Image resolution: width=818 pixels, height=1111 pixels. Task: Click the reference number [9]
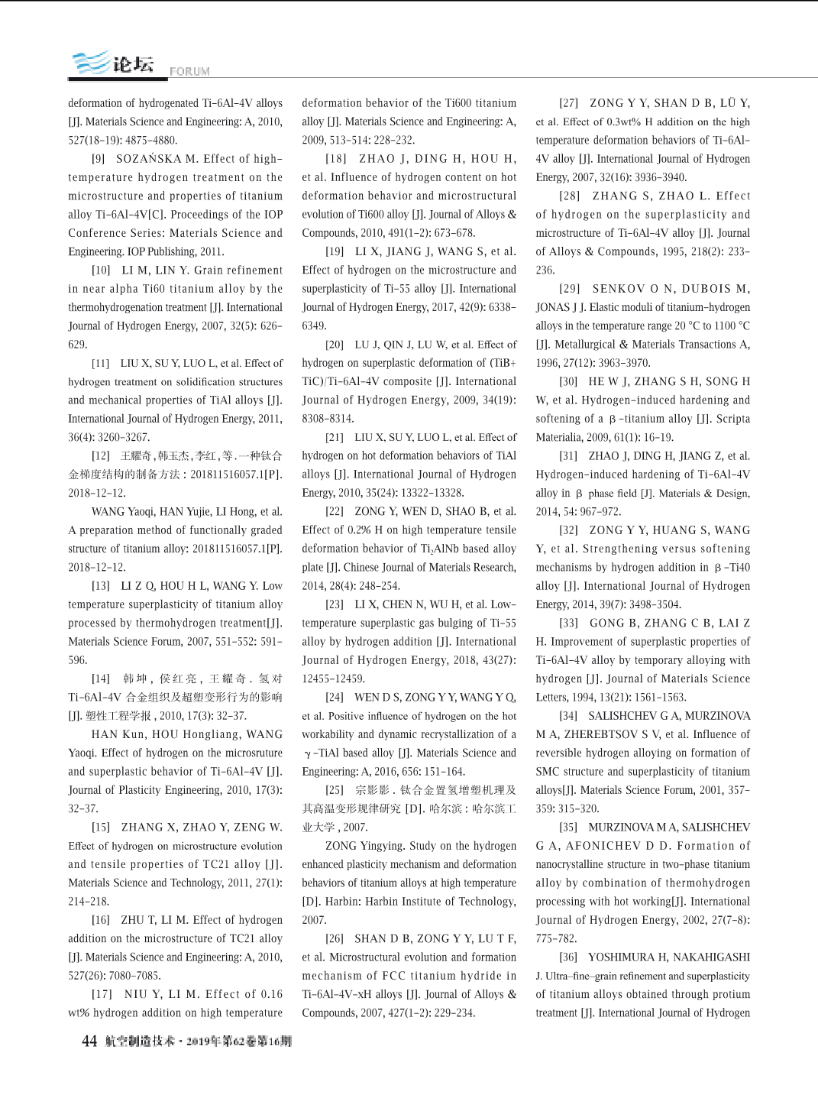[99, 159]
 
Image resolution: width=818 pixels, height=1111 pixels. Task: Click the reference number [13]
[101, 586]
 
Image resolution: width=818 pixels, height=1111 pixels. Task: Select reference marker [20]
[335, 345]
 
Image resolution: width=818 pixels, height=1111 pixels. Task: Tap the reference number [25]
[335, 790]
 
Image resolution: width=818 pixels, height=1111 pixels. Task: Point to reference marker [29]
[569, 289]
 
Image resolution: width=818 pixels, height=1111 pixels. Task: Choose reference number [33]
[569, 624]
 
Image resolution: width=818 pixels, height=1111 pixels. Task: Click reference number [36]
[568, 957]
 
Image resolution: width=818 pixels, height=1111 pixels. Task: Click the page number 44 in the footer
[89, 1041]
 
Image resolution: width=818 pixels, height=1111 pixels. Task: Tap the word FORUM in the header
[189, 72]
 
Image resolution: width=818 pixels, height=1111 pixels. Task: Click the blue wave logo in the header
[91, 63]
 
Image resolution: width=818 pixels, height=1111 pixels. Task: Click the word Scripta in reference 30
[732, 419]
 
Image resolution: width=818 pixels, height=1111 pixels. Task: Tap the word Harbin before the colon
[343, 902]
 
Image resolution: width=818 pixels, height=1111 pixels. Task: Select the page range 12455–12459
[334, 679]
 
